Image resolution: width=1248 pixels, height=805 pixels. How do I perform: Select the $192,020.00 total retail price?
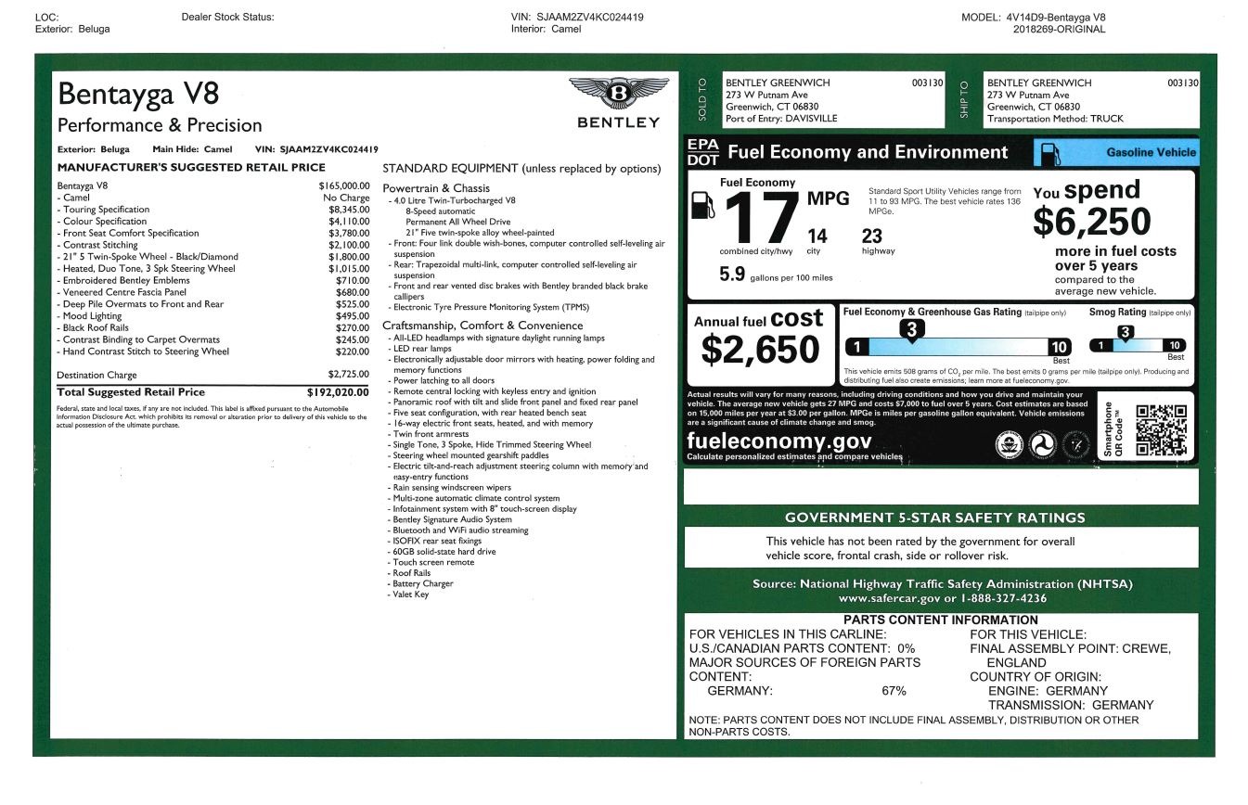coord(338,392)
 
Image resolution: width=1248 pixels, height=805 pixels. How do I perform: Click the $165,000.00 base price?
coord(343,185)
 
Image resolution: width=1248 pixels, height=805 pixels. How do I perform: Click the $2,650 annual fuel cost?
coord(760,350)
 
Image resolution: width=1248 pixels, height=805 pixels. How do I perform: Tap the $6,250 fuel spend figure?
coord(1091,222)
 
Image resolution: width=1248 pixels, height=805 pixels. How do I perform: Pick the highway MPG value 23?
coord(871,236)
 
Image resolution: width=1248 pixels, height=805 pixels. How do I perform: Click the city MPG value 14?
coord(817,236)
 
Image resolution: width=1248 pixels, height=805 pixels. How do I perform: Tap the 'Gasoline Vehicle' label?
coord(1151,153)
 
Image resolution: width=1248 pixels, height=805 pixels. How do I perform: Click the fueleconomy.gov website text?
coord(778,441)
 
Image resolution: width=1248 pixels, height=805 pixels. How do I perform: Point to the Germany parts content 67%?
coord(894,691)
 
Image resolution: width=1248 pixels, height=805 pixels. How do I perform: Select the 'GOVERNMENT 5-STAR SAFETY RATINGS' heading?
coord(934,517)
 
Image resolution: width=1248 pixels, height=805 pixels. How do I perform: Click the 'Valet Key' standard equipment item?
coord(411,594)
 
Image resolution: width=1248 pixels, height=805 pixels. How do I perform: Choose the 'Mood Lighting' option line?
coord(92,316)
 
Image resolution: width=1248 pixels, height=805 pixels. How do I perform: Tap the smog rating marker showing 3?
coord(1126,333)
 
